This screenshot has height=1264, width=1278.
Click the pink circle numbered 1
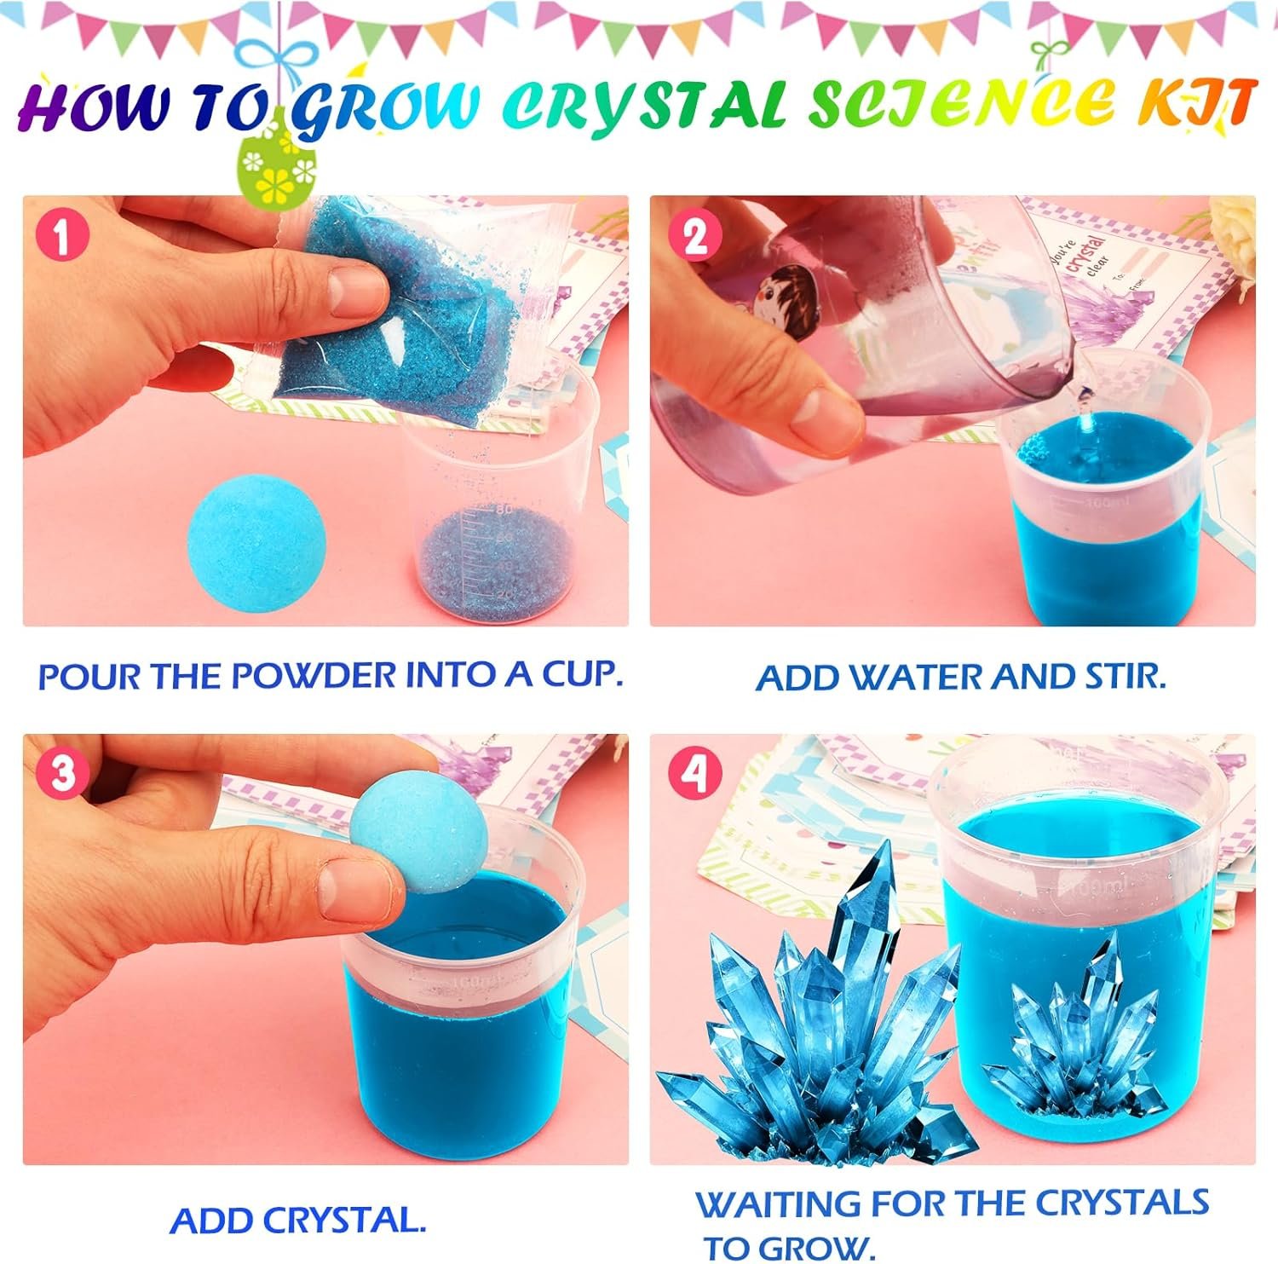coord(61,236)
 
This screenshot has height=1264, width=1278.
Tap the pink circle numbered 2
coord(695,236)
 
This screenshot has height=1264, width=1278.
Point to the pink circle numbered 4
coord(694,775)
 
